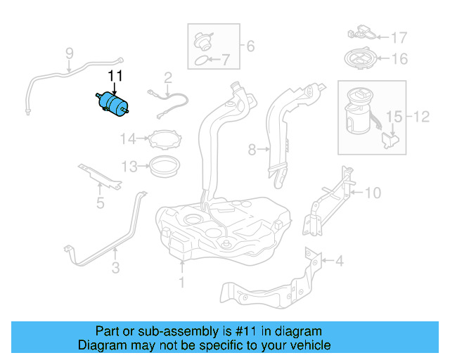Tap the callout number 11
115,75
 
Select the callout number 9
69,53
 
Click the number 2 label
168,77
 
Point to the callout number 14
127,139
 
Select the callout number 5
100,203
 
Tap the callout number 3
115,267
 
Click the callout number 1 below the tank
181,283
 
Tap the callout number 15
392,115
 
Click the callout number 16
399,59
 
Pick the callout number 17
399,37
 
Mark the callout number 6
250,47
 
